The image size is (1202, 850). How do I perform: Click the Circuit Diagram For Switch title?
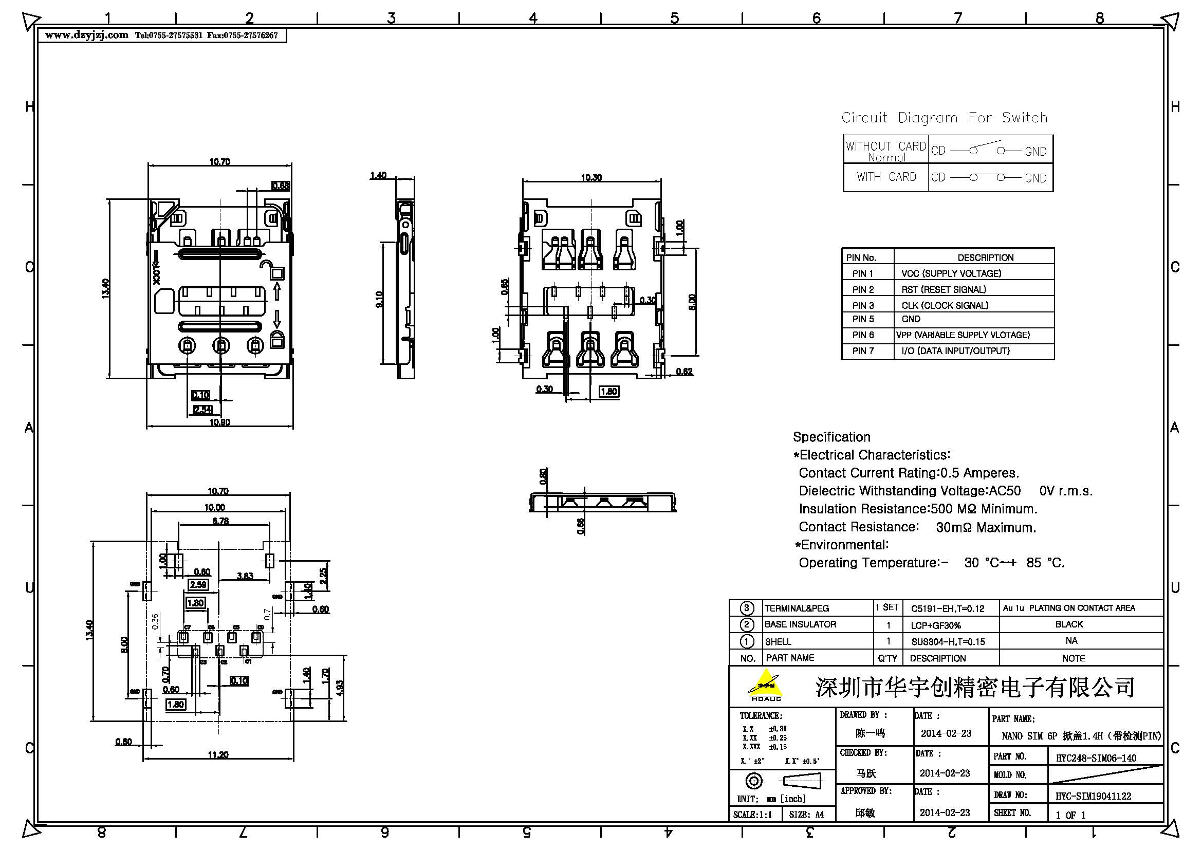(945, 118)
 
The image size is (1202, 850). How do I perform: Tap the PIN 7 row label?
(863, 350)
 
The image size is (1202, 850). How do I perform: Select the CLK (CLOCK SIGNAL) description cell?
(945, 305)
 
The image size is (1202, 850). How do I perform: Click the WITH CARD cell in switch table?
(886, 177)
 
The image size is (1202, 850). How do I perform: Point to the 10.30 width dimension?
(591, 178)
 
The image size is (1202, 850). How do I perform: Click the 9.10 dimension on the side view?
(379, 300)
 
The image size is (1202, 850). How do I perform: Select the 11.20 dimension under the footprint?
(218, 755)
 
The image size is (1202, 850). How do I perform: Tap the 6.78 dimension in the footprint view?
(220, 521)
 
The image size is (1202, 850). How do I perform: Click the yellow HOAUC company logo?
(765, 685)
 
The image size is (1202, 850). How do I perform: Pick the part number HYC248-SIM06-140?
(1096, 758)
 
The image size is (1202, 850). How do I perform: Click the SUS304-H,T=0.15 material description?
(948, 642)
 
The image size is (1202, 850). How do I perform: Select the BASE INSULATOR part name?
(800, 624)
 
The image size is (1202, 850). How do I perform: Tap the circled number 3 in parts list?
(747, 608)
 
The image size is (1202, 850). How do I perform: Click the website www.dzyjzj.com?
(86, 35)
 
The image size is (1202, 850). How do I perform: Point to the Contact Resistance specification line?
(917, 527)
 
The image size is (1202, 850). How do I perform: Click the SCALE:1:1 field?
(752, 815)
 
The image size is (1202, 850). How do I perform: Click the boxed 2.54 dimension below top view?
(202, 409)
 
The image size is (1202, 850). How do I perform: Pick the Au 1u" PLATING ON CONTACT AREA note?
(1068, 608)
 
